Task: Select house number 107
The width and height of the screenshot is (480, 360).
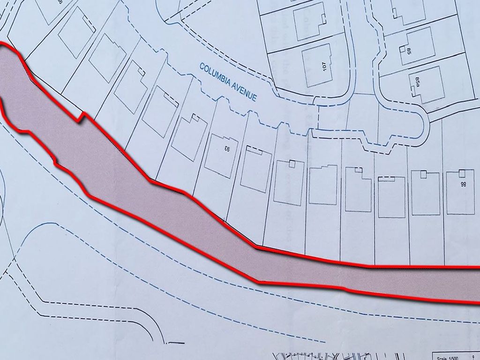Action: click(324, 66)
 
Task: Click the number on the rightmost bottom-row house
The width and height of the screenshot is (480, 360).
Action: click(463, 185)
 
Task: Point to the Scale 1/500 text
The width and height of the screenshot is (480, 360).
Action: click(449, 357)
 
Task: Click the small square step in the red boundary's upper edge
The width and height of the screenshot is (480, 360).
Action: click(82, 116)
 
